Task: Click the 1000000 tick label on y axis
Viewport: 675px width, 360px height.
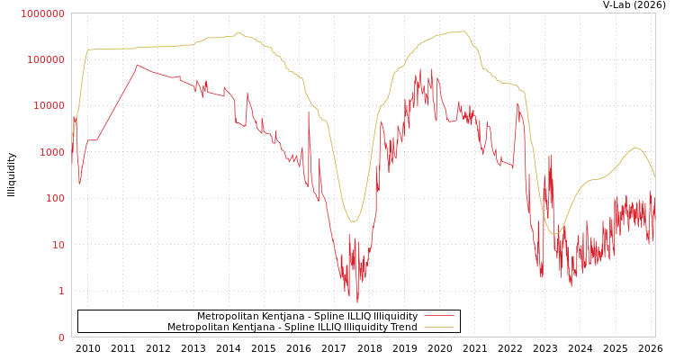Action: pos(43,13)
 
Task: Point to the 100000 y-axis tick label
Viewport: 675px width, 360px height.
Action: pos(46,59)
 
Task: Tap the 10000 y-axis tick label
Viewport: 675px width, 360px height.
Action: pos(49,106)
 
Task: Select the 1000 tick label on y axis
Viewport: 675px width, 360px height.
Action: pos(51,152)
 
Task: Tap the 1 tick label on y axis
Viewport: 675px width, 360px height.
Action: pos(61,291)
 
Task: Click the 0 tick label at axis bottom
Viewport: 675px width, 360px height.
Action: pos(61,337)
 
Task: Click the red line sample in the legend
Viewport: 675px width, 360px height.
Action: pos(438,316)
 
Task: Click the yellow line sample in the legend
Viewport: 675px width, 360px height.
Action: pos(438,327)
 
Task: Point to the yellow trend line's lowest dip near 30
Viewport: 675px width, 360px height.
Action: pos(354,221)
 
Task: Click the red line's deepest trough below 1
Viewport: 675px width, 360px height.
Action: pos(357,301)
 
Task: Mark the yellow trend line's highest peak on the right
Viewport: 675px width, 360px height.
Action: pos(463,31)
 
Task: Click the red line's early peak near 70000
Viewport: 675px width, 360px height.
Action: pos(137,65)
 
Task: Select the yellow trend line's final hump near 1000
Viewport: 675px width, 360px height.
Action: pos(636,148)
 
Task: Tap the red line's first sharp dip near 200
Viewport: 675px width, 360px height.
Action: pos(79,184)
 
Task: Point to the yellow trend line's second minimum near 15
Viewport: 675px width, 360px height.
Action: pos(556,234)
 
